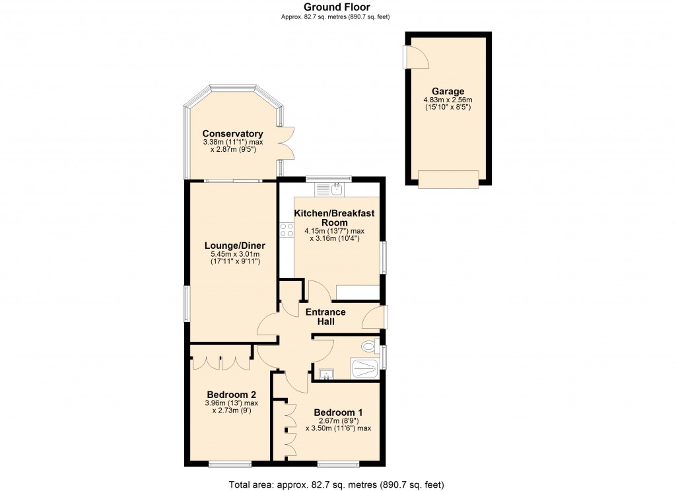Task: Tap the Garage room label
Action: click(448, 92)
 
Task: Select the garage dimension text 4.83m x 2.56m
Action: click(448, 100)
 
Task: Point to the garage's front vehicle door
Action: click(448, 178)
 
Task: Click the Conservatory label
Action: click(232, 133)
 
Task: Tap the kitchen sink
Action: click(329, 189)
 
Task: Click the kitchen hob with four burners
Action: click(287, 230)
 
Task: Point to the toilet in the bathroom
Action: click(368, 346)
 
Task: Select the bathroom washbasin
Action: click(326, 375)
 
